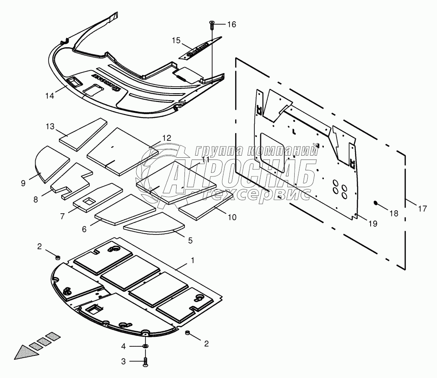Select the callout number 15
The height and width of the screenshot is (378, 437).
[176, 40]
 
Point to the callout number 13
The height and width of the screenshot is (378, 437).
[51, 126]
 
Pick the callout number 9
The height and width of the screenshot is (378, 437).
[23, 183]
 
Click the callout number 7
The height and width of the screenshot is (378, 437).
[63, 215]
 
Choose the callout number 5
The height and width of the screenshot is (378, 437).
[190, 239]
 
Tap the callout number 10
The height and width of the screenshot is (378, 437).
[232, 217]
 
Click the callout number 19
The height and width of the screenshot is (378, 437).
[372, 223]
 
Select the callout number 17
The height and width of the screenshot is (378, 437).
[422, 209]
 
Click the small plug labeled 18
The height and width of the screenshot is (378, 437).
[377, 203]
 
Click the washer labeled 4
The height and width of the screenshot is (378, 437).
[145, 346]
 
